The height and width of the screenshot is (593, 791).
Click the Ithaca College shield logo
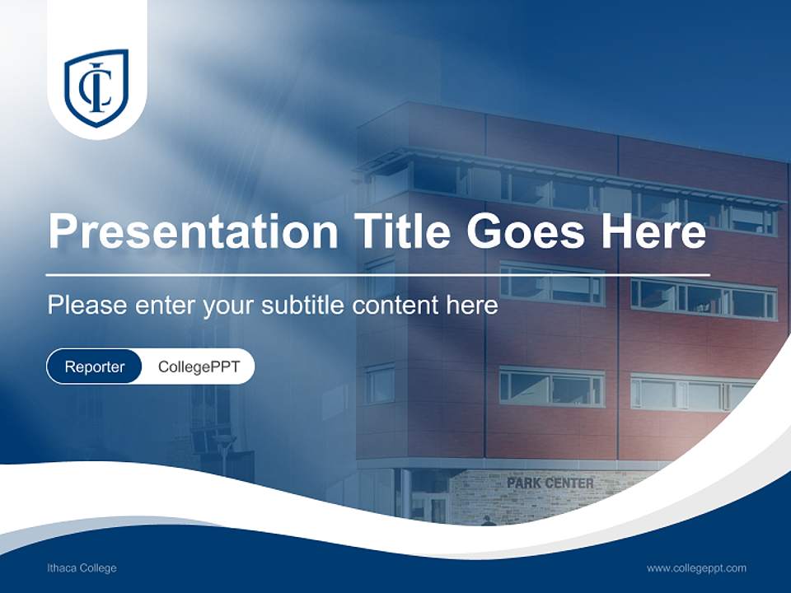[96, 87]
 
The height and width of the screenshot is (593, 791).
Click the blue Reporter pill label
[94, 367]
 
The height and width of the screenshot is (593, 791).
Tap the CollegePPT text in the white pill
[199, 367]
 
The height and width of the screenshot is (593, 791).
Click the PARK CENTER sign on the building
[550, 483]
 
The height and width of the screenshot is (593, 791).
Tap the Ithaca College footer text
[82, 568]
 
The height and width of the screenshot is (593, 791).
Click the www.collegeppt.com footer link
[696, 568]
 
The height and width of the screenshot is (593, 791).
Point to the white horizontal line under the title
[378, 274]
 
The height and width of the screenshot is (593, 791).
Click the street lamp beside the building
[223, 449]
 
